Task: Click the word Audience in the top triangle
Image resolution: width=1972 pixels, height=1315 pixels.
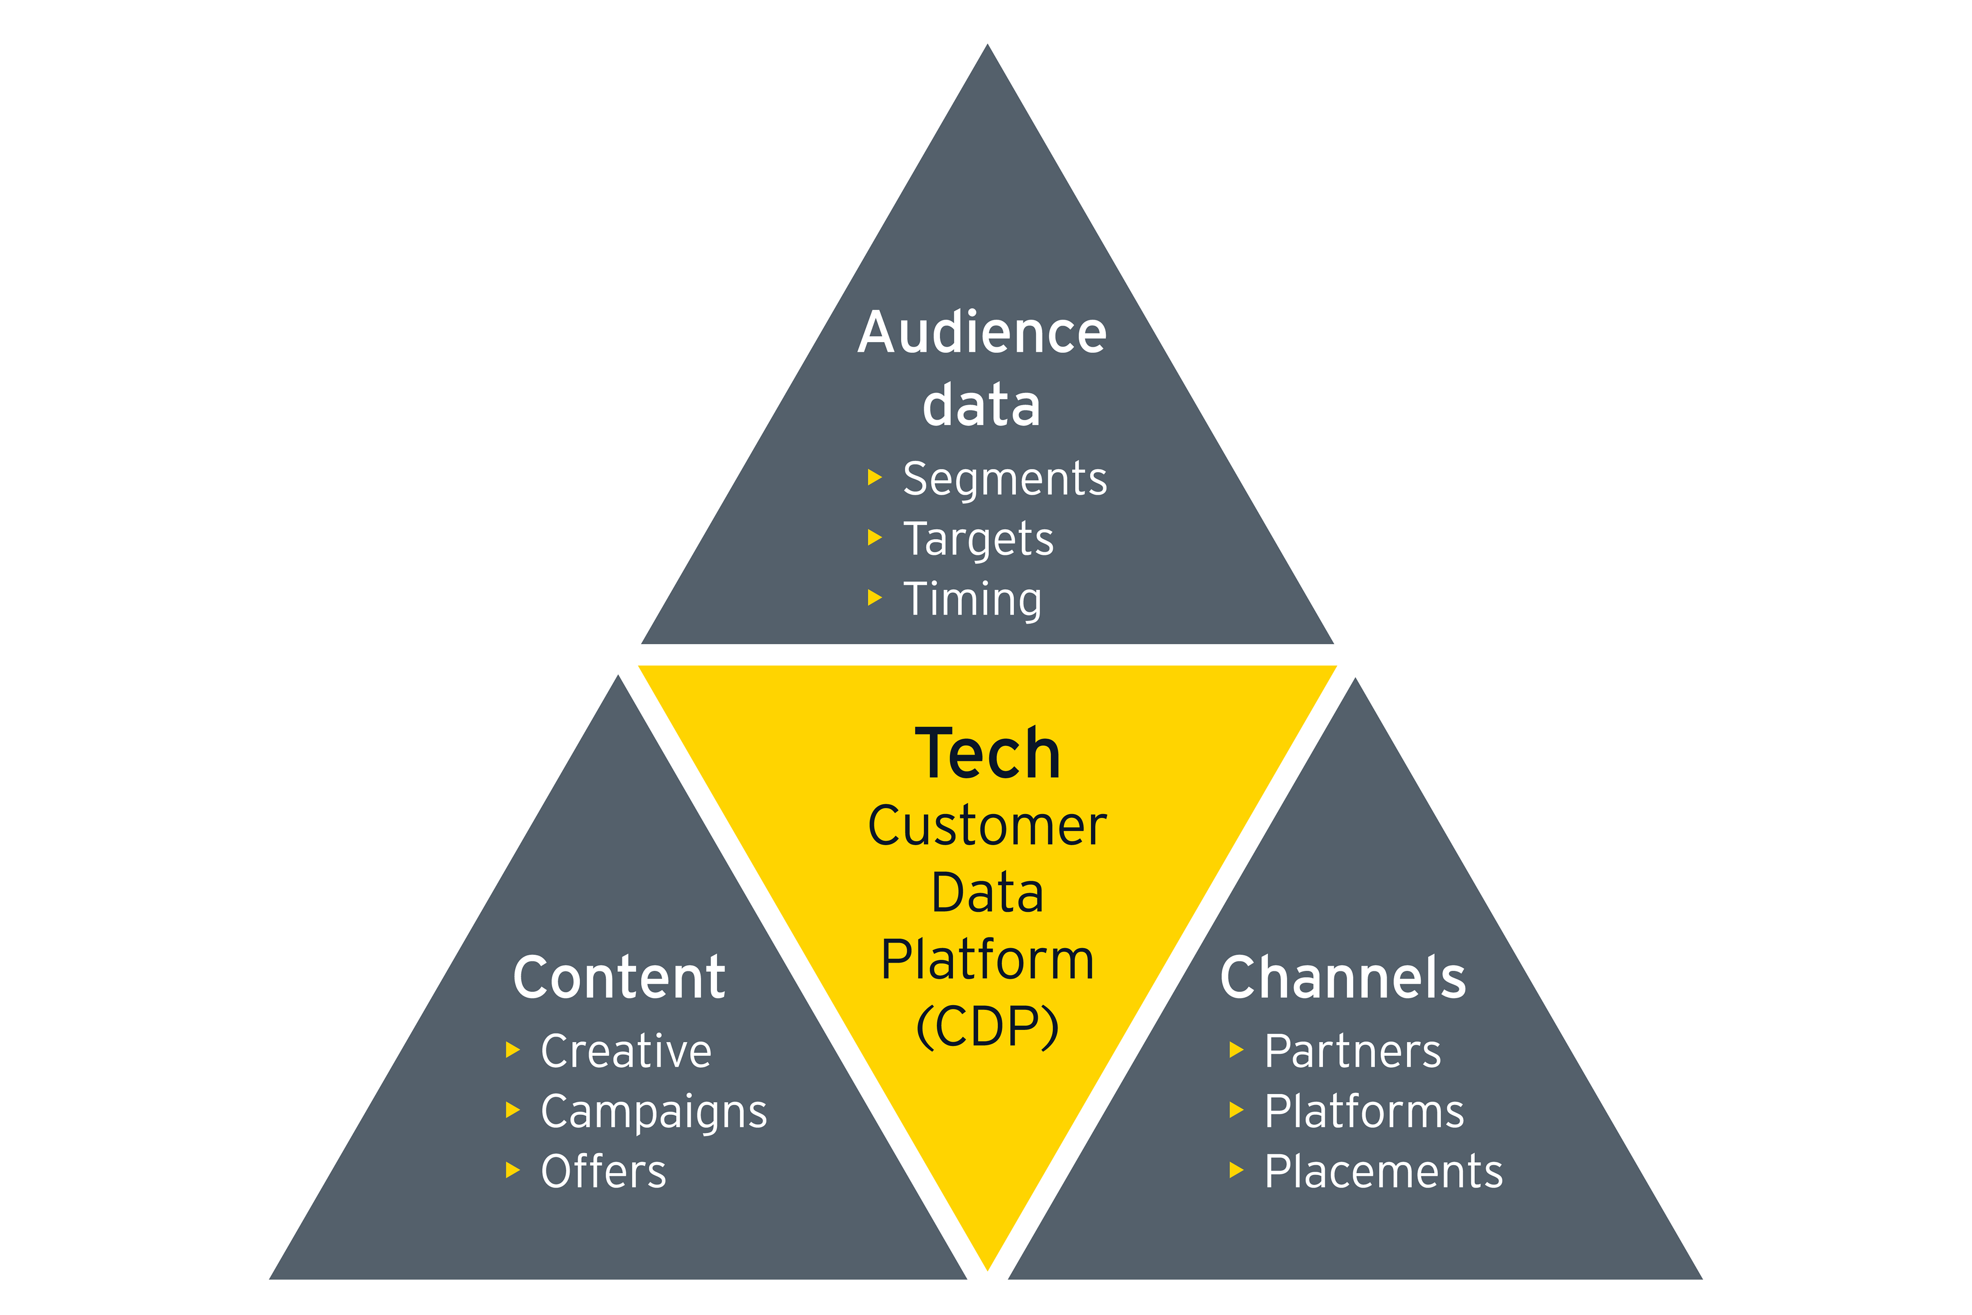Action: pyautogui.click(x=982, y=333)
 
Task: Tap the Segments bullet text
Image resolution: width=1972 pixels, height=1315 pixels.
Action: pyautogui.click(x=1004, y=479)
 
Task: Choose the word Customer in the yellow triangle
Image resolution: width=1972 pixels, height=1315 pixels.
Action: pyautogui.click(x=987, y=826)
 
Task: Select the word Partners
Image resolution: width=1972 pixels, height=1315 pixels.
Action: pyautogui.click(x=1352, y=1051)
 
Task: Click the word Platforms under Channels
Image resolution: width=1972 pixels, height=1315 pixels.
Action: pyautogui.click(x=1364, y=1111)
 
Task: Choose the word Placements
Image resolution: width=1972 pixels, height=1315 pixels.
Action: pyautogui.click(x=1383, y=1172)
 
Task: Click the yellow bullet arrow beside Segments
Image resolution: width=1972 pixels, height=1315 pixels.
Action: pyautogui.click(x=875, y=477)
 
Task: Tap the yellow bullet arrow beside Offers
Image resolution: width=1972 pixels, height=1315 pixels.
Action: pyautogui.click(x=513, y=1170)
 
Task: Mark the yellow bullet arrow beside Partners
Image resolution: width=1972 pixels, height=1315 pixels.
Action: pyautogui.click(x=1236, y=1049)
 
